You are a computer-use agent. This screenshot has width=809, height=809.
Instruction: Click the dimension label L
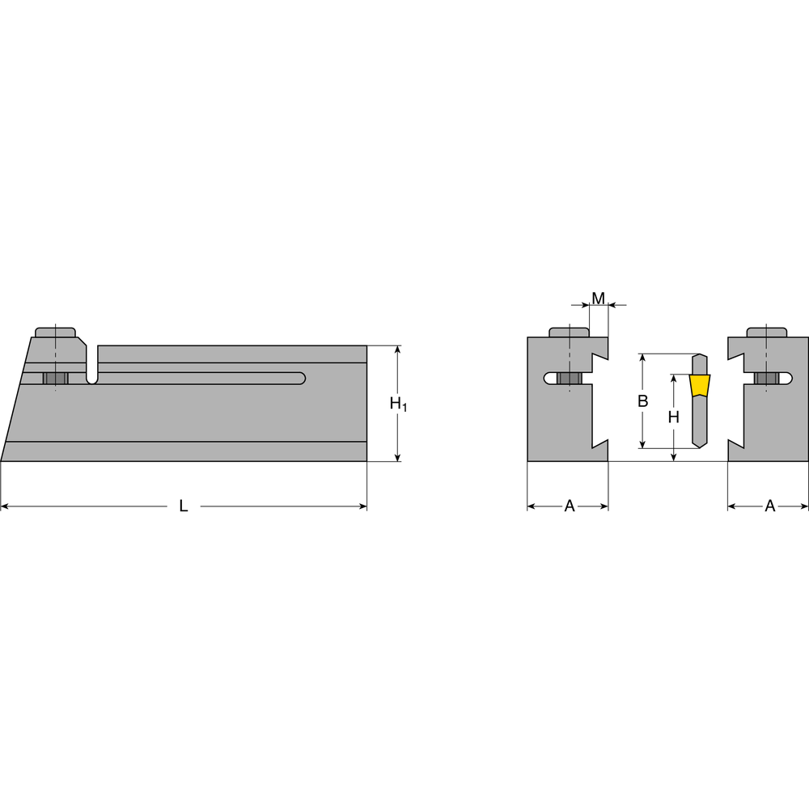click(x=184, y=506)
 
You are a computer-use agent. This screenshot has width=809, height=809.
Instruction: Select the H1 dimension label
click(x=398, y=404)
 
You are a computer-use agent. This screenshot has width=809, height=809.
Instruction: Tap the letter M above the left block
click(x=598, y=299)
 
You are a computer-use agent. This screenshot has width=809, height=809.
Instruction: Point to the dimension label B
click(x=642, y=401)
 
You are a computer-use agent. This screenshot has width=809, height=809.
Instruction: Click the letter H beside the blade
click(x=673, y=417)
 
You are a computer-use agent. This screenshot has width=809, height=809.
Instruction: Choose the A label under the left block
click(x=570, y=506)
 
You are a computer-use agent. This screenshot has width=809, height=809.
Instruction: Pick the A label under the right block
click(x=770, y=506)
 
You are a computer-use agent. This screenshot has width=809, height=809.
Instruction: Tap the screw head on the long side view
click(x=55, y=332)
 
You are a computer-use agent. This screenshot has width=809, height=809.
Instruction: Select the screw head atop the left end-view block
click(x=569, y=332)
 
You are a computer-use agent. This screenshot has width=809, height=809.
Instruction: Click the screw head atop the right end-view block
click(x=766, y=332)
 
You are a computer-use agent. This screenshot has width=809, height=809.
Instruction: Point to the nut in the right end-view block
click(x=762, y=379)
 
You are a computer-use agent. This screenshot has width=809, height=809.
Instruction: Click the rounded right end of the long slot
click(x=300, y=378)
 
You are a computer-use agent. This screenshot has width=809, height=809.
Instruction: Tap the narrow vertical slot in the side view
click(x=93, y=364)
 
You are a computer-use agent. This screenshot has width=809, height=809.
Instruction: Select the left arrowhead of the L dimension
click(x=5, y=506)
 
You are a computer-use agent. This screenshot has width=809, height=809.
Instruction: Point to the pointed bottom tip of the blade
click(x=697, y=447)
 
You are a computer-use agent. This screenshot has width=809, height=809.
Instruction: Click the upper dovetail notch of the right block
click(x=737, y=355)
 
